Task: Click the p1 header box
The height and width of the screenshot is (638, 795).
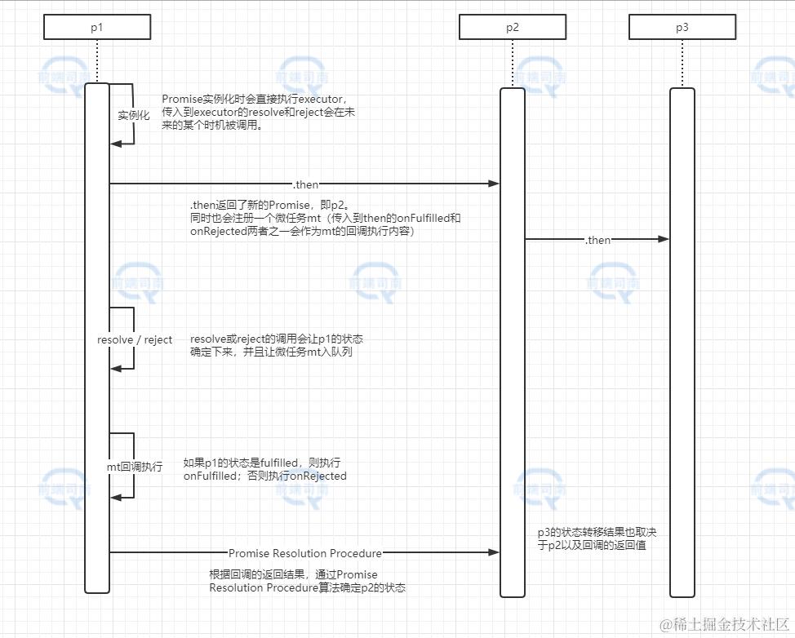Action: pos(97,28)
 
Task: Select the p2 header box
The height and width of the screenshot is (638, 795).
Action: pos(512,28)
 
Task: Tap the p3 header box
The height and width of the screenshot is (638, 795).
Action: pos(682,28)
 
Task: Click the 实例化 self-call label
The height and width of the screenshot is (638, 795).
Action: pos(134,115)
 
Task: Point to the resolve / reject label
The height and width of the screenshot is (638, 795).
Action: pos(135,339)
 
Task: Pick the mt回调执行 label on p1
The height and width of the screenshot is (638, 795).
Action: pos(135,467)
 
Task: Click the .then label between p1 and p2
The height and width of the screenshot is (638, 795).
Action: pos(306,184)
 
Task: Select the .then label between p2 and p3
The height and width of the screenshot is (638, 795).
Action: pos(598,240)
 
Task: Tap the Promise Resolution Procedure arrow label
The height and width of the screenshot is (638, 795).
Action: pos(305,553)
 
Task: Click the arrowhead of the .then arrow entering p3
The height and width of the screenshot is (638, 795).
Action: pos(664,239)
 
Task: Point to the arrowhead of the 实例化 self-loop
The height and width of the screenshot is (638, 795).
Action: pos(115,144)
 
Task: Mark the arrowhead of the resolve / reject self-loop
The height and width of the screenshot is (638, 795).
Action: pos(115,369)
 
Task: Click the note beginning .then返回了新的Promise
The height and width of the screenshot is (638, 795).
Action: pos(326,218)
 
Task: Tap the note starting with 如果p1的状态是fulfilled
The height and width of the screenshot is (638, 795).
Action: pos(264,469)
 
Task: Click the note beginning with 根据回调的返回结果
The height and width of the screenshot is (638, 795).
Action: pos(308,581)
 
